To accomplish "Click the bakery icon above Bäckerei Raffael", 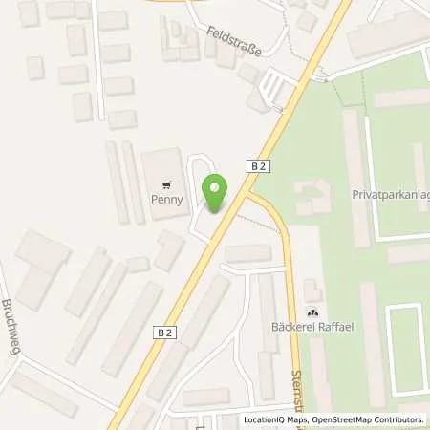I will pyautogui.click(x=312, y=313).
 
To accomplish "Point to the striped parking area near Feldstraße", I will pyautogui.click(x=274, y=91).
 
